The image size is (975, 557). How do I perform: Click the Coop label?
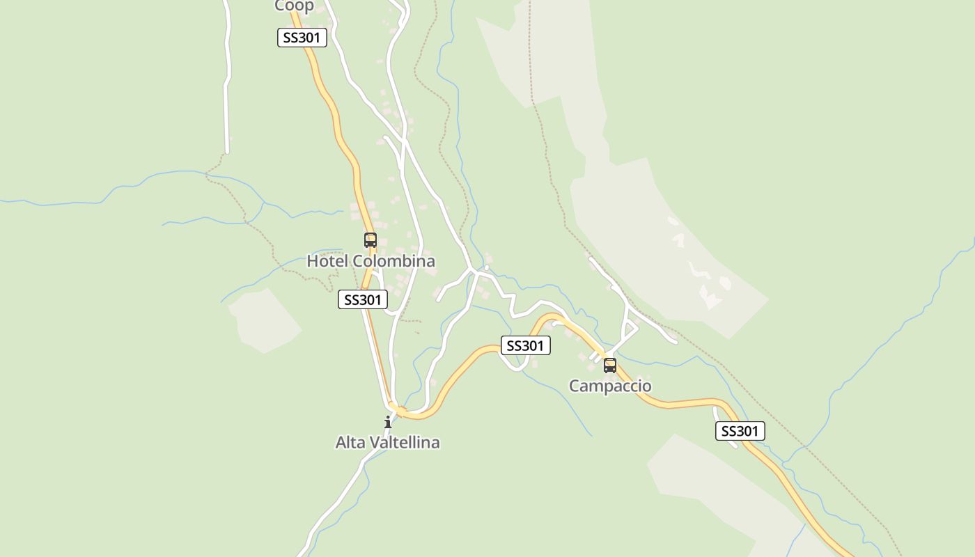(x=294, y=6)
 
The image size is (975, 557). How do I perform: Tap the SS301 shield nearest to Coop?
(x=302, y=38)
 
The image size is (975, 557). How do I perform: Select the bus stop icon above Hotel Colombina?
(x=370, y=240)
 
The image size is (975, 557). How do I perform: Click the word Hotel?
(x=327, y=261)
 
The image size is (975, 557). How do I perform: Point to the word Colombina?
(x=393, y=261)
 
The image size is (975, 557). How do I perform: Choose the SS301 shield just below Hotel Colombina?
(x=362, y=299)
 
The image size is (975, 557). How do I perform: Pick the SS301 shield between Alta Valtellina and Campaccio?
(x=525, y=345)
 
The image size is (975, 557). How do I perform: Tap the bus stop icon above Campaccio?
(x=610, y=365)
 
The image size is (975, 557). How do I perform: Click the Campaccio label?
(x=610, y=386)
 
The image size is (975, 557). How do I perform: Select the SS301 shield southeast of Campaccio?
(x=740, y=431)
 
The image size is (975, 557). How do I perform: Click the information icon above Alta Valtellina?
(x=388, y=422)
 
